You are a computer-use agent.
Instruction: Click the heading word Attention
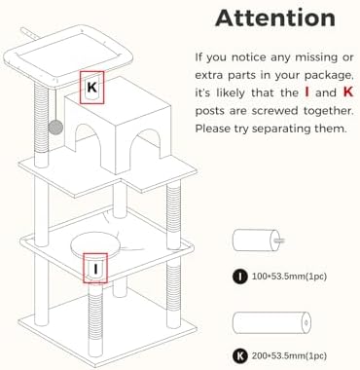(x=275, y=18)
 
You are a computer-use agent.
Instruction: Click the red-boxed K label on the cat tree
(x=92, y=88)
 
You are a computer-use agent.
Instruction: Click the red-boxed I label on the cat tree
(x=95, y=269)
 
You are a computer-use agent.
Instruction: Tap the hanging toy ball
(x=55, y=128)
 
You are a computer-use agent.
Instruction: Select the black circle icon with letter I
(x=240, y=277)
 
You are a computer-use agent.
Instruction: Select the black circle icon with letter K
(x=240, y=355)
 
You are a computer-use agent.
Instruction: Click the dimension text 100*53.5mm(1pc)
(x=289, y=277)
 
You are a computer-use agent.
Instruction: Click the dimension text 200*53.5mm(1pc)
(x=289, y=355)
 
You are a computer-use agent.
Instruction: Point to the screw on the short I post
(x=279, y=240)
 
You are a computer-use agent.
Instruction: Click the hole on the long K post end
(x=306, y=322)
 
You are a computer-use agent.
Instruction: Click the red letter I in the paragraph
(x=306, y=92)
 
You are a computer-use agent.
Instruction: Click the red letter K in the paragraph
(x=348, y=92)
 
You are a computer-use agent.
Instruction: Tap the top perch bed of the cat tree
(x=68, y=56)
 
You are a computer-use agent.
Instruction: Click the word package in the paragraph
(x=328, y=76)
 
